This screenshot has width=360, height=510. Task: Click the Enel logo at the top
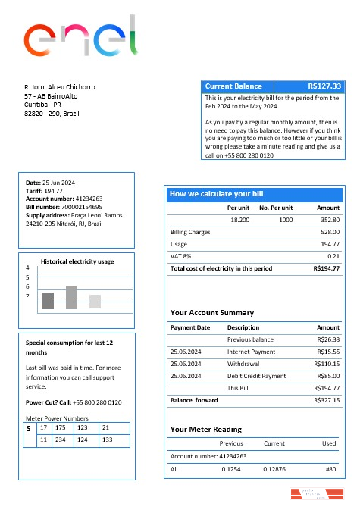coord(81,37)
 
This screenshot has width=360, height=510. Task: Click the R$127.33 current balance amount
coord(325,86)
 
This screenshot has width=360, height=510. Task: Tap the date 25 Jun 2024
coord(58,183)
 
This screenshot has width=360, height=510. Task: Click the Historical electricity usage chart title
coord(77,261)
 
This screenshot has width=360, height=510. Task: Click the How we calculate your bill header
coord(216,194)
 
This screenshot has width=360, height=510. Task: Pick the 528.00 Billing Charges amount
coord(329,232)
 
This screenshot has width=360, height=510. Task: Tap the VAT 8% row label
coord(181,256)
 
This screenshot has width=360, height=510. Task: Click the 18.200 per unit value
coord(239,219)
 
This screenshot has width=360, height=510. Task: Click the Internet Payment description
coord(253,352)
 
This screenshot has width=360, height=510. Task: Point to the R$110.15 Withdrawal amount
coord(327,364)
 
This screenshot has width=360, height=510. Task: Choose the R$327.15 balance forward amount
coord(327,400)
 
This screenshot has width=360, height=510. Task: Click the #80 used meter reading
coord(330,469)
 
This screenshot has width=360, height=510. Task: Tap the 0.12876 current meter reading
coord(274,469)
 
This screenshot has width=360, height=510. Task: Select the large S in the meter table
coord(29,429)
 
